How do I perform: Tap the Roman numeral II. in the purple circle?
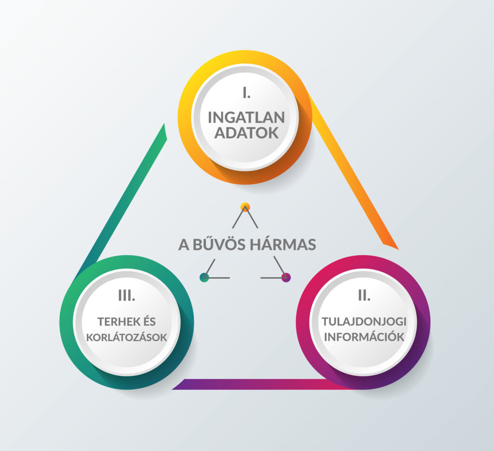[x=364, y=295]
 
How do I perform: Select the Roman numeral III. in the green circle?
[x=126, y=295]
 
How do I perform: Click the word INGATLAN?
[x=246, y=117]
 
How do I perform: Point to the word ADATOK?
[x=246, y=133]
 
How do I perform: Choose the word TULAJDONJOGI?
[x=364, y=321]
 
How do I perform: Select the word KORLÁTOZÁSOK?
[x=126, y=337]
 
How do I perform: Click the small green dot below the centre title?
[x=205, y=277]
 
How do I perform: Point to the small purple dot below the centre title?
[x=286, y=277]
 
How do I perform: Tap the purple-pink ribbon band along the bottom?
[x=251, y=384]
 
